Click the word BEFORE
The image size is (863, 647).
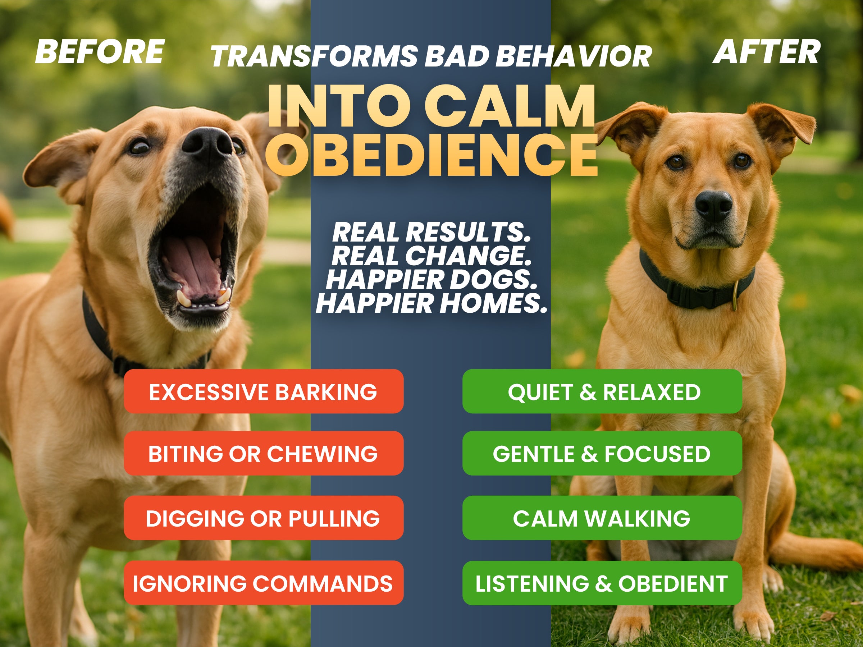tap(100, 51)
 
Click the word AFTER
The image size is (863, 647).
tap(767, 52)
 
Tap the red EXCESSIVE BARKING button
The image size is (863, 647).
tap(264, 391)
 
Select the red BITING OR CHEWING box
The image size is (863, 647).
tap(264, 453)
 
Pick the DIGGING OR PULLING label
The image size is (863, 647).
tap(264, 518)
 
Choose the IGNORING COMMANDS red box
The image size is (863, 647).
tap(264, 583)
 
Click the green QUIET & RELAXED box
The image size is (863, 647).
tap(602, 391)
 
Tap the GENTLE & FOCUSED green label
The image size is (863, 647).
tap(602, 453)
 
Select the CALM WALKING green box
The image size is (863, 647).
tap(602, 518)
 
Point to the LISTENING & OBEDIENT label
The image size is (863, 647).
tap(602, 583)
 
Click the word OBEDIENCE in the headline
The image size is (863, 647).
tap(431, 155)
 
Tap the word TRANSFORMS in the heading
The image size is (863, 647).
tap(315, 56)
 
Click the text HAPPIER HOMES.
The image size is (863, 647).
tap(431, 303)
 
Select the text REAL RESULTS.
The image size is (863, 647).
tap(431, 232)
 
